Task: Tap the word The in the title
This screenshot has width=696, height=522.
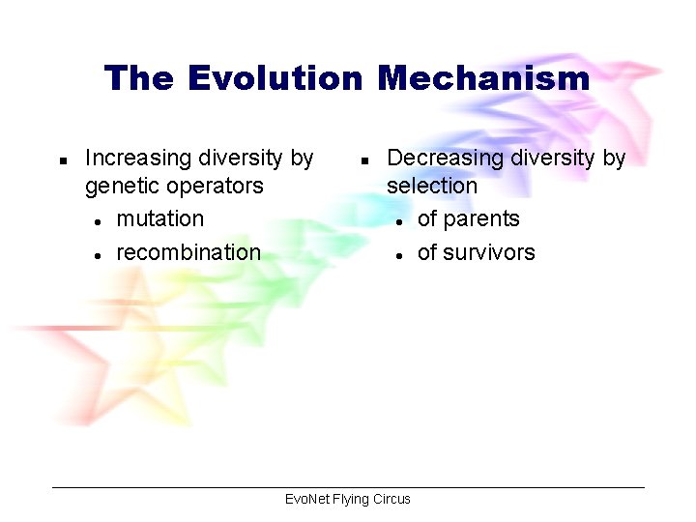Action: pos(139,77)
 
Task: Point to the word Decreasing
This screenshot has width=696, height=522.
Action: pos(440,158)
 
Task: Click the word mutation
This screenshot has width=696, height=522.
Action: pos(159,219)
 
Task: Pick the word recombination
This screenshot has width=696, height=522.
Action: pos(188,252)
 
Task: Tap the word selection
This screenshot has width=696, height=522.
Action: pos(432,186)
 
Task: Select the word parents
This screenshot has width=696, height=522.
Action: pos(481,219)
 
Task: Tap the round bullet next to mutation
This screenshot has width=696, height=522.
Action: pos(99,221)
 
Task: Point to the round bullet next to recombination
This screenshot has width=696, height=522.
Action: pos(99,255)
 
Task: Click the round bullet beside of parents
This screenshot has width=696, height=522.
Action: pos(399,221)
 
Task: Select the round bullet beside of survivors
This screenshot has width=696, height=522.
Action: pos(399,255)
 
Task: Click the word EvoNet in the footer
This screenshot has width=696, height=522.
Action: pos(307,499)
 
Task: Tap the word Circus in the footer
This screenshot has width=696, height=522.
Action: pos(392,499)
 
